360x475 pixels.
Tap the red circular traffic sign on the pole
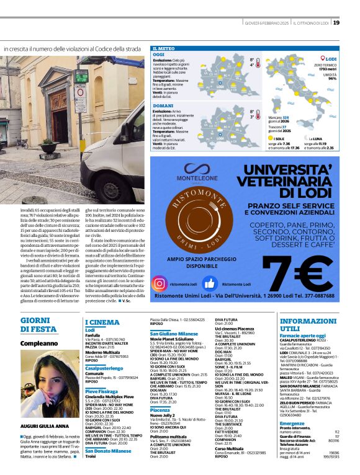(81, 91)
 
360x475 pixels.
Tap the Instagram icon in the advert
(160, 283)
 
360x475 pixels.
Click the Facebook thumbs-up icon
(209, 283)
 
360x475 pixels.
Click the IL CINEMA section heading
(102, 322)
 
